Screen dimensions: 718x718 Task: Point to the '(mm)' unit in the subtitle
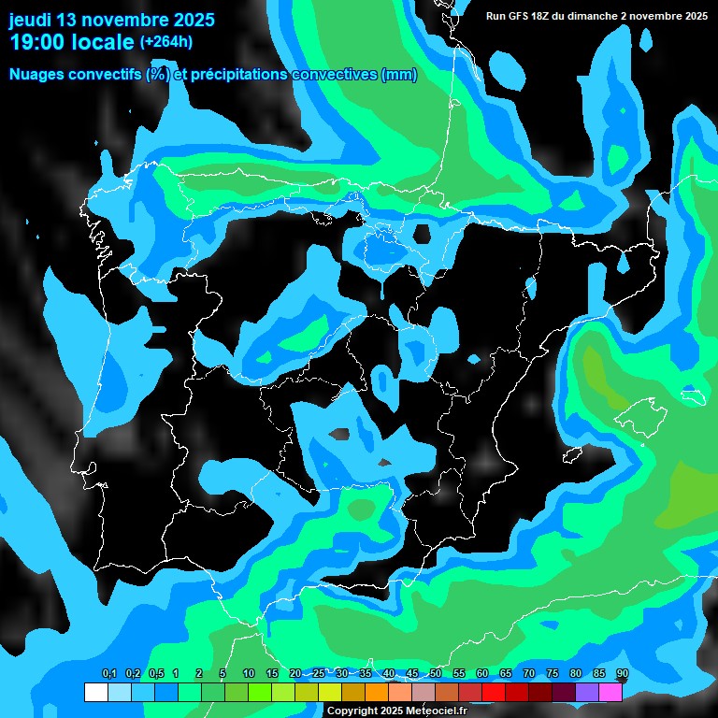pos(399,75)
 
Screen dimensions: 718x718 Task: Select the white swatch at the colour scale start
pos(95,692)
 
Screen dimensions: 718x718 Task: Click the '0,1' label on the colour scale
pos(108,674)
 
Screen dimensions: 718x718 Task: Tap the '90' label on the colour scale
pos(622,674)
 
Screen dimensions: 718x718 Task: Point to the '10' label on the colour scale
pos(248,674)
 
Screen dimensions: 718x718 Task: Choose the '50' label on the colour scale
pos(435,674)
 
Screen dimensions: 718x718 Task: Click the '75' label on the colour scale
pos(552,674)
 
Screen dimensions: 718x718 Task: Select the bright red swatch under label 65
pos(516,692)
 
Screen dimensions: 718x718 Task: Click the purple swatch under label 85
pos(586,692)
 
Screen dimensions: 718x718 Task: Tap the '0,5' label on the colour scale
pos(155,674)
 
